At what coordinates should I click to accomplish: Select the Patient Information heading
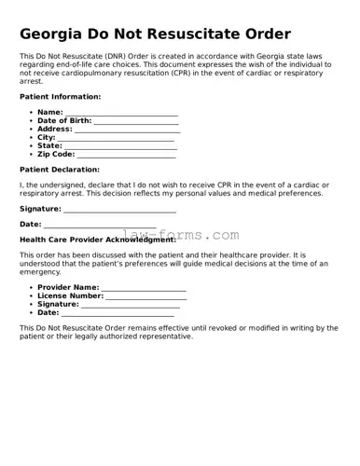click(60, 97)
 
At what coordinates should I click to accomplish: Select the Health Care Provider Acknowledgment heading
click(97, 240)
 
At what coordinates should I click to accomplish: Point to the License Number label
click(70, 295)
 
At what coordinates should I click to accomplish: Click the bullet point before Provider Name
click(32, 288)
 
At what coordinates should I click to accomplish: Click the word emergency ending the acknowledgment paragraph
click(41, 272)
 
